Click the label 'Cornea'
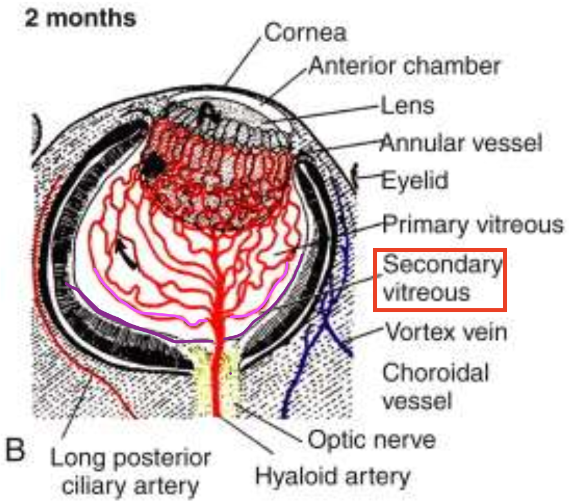pos(305,33)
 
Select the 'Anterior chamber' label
pos(404,66)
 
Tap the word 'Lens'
pos(407,105)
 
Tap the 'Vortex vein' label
pos(446,332)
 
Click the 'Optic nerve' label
pos(371,439)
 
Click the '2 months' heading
pos(80,18)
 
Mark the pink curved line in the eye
pos(141,307)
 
